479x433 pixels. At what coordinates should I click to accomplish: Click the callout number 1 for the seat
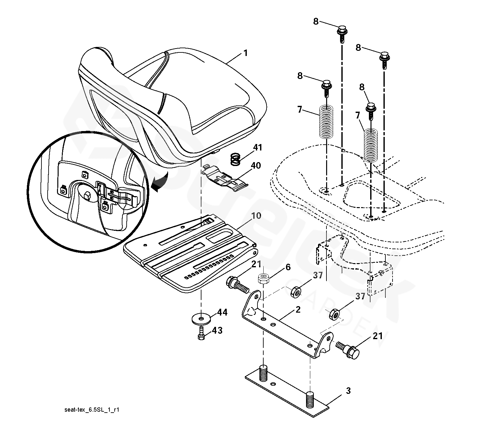(x=245, y=53)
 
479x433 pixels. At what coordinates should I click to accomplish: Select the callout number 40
(x=256, y=166)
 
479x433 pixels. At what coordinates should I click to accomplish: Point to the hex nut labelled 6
(x=264, y=278)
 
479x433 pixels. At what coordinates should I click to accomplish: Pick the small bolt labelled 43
(x=201, y=333)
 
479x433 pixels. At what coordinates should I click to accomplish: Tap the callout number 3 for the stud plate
(x=348, y=391)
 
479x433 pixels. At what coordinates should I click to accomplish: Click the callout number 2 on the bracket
(x=298, y=310)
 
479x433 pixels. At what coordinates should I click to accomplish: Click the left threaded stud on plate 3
(x=264, y=372)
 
